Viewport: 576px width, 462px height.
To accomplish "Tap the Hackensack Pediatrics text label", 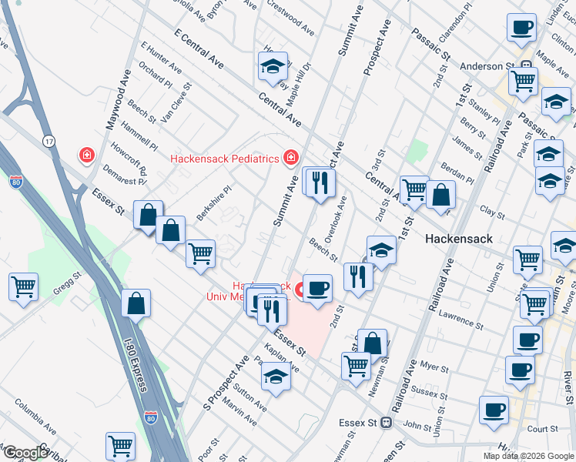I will [224, 159].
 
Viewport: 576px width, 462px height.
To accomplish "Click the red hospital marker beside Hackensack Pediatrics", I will [291, 159].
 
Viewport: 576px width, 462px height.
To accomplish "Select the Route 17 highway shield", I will [49, 141].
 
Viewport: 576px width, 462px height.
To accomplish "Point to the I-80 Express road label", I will [134, 362].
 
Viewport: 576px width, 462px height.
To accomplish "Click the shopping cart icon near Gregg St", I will [23, 288].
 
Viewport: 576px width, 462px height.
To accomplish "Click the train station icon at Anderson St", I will [527, 66].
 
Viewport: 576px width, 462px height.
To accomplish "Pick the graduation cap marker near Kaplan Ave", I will [276, 377].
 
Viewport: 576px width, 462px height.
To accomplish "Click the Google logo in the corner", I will [25, 453].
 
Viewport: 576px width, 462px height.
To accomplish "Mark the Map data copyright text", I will [528, 456].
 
